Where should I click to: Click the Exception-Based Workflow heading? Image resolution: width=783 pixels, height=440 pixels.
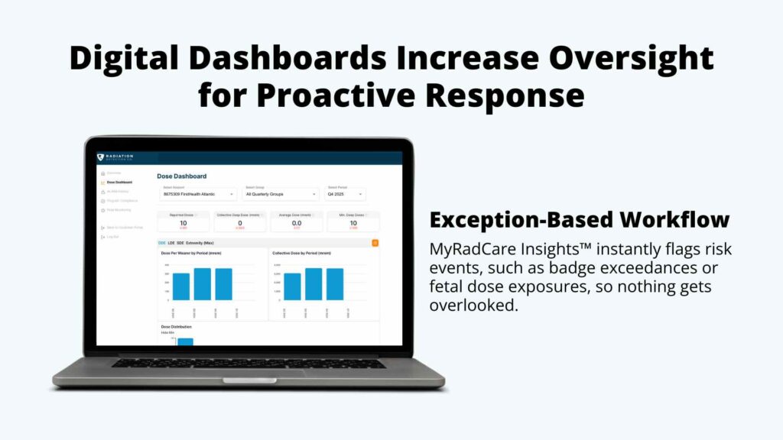[x=579, y=220]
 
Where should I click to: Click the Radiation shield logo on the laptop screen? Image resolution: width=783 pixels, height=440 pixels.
[x=101, y=157]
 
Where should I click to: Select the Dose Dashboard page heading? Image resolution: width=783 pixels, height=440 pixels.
[x=181, y=176]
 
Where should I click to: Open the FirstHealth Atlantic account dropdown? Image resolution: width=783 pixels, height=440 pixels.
[x=198, y=194]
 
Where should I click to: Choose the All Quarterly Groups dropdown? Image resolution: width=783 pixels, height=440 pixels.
[x=281, y=194]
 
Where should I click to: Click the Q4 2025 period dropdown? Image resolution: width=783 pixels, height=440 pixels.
[x=346, y=194]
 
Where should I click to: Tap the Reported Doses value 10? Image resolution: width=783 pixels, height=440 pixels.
[x=184, y=222]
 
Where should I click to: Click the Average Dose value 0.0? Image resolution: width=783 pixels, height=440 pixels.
[x=297, y=222]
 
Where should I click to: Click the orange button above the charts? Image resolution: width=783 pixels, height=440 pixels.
[x=375, y=243]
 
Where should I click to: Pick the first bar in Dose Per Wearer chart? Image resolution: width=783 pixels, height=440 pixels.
[x=181, y=286]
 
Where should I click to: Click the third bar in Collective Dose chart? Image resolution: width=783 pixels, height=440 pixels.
[x=335, y=283]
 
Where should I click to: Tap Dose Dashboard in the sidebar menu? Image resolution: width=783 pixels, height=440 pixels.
[x=119, y=183]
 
